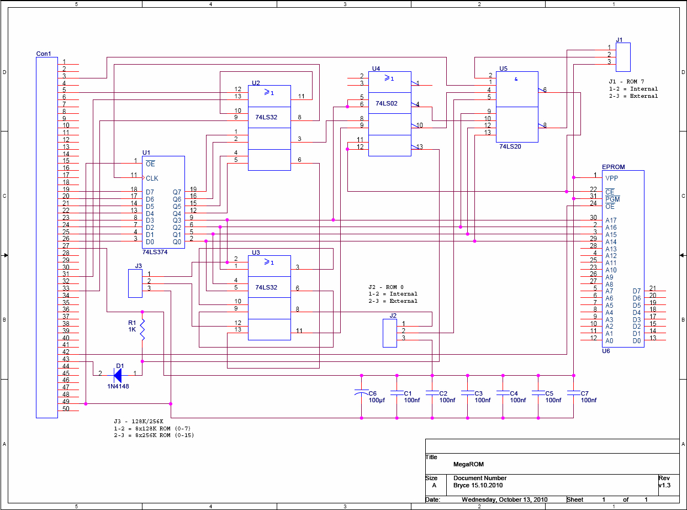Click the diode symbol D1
(x=118, y=375)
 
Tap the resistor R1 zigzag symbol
(x=142, y=329)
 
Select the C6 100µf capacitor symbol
(x=361, y=392)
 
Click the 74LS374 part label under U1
(x=155, y=252)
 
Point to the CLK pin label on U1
(x=152, y=178)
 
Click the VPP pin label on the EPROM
(x=611, y=178)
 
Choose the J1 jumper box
(x=623, y=57)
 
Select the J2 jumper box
(x=390, y=333)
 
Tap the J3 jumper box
(x=135, y=283)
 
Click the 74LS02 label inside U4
(x=386, y=103)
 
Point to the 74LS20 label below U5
(x=510, y=146)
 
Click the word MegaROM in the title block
(x=468, y=464)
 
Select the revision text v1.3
(x=664, y=485)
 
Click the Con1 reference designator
(x=44, y=54)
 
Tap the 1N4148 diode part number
(x=118, y=386)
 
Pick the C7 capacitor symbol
(x=573, y=393)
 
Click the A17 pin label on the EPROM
(x=611, y=220)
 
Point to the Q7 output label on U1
(x=177, y=192)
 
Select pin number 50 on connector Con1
(x=66, y=409)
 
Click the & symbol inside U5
(x=516, y=79)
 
